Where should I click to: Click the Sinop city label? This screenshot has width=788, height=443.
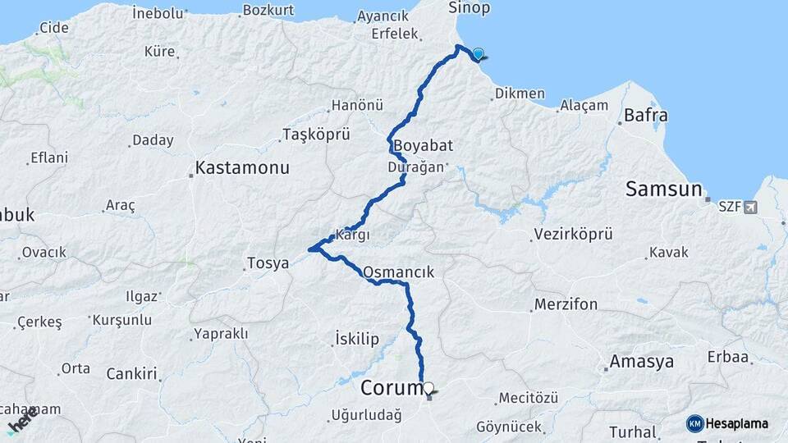(469, 9)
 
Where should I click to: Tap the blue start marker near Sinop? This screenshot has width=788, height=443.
(478, 54)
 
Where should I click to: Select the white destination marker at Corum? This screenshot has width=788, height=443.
(428, 387)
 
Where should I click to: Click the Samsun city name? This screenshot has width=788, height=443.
(663, 189)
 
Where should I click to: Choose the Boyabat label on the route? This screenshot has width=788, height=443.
(424, 146)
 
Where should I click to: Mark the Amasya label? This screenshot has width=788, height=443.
(641, 362)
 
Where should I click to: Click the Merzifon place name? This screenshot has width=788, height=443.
(566, 304)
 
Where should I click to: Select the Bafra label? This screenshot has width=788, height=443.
(645, 115)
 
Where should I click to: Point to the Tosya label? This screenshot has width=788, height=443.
(268, 264)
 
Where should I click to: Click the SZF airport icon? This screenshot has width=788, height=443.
(749, 207)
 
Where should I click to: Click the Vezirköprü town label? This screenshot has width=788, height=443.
(573, 235)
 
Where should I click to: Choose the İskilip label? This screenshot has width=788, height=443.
(358, 338)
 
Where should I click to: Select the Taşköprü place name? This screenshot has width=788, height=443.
(316, 135)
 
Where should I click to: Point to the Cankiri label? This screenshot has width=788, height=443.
(131, 374)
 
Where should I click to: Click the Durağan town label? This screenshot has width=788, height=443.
(415, 167)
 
